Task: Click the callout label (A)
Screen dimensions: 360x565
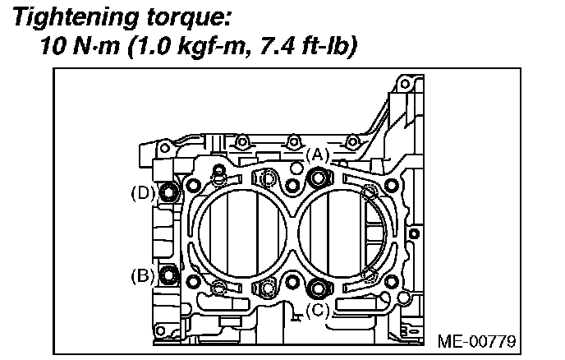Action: coord(317,154)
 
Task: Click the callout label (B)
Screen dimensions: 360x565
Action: coord(142,275)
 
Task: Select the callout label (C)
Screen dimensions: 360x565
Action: coord(317,310)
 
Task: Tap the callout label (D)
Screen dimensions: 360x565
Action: coord(142,194)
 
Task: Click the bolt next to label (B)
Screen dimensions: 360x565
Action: coord(168,275)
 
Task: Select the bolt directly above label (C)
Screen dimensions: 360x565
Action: coord(317,288)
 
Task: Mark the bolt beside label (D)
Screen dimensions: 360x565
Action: coord(168,194)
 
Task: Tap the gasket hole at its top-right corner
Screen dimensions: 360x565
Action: coord(392,182)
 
